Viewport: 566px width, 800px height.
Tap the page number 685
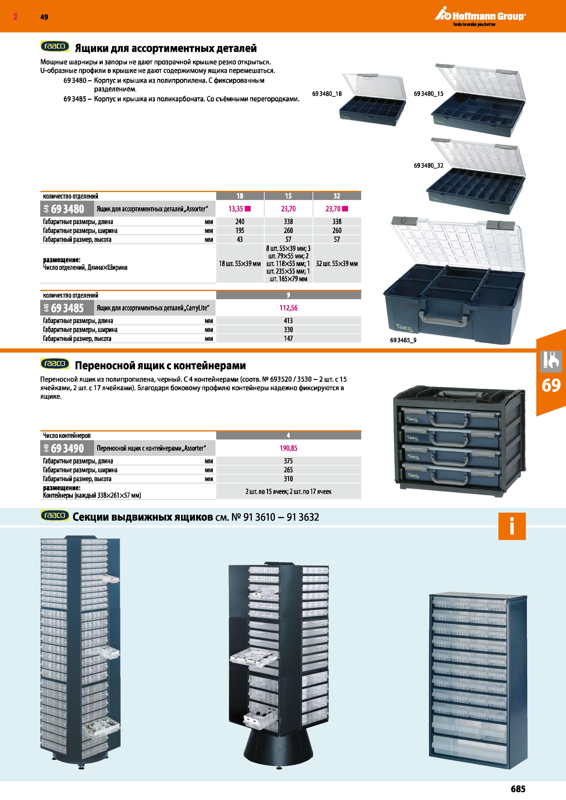coord(518,789)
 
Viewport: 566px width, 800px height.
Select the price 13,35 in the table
coord(236,209)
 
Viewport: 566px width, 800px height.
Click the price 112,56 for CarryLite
coord(288,308)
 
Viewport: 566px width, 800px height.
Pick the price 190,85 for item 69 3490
coord(288,448)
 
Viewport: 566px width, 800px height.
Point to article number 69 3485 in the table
coord(67,308)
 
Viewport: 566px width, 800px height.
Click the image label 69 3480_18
coord(327,94)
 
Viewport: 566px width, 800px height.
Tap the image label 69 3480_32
coord(429,166)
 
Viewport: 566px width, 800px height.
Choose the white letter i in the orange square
coord(512,526)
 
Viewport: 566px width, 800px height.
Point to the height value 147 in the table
coord(288,339)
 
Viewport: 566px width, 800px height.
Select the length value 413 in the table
coord(288,321)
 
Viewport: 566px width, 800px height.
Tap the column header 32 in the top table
coord(337,196)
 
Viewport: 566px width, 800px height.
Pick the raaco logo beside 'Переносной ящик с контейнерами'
coord(55,364)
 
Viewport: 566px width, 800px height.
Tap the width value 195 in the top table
coord(240,231)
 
